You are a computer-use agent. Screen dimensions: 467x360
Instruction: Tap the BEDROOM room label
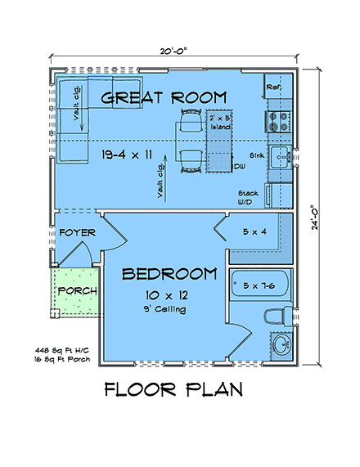[x=169, y=273]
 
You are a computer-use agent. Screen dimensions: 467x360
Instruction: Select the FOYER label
[x=78, y=233]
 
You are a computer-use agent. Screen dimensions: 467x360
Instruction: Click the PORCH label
[x=78, y=291]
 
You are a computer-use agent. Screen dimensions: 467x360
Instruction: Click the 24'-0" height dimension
[x=316, y=218]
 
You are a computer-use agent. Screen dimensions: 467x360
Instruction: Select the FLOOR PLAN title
[x=173, y=390]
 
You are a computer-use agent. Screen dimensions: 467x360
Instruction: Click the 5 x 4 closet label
[x=255, y=232]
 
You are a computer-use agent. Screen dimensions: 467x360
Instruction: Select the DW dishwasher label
[x=240, y=167]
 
